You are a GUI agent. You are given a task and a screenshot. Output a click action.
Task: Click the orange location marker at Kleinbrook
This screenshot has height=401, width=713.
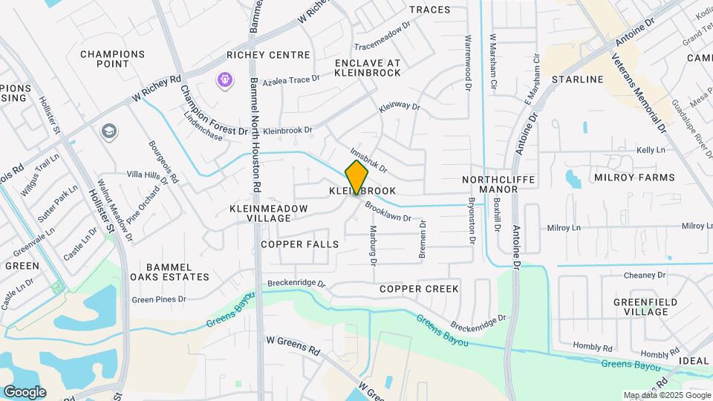coord(356,177)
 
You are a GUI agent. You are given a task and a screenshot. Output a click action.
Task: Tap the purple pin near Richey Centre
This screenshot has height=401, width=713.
coord(224,79)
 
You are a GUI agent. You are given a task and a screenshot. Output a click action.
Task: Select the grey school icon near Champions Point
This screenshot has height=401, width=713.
coord(109,131)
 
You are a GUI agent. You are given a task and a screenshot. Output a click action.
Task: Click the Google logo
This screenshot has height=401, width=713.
coord(24,391)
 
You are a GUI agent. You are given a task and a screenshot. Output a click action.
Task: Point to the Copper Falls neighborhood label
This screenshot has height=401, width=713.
coord(299,244)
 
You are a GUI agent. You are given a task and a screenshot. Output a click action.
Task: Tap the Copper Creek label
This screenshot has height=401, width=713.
coord(419,288)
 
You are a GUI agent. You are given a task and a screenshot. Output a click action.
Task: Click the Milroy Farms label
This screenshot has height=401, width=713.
coord(634,177)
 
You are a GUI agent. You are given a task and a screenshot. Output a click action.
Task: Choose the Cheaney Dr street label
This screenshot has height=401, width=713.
coord(645,275)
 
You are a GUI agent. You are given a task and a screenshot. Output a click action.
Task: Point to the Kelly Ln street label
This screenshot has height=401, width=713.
coord(651,150)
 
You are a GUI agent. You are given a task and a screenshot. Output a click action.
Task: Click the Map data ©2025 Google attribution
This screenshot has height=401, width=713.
coord(666,395)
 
